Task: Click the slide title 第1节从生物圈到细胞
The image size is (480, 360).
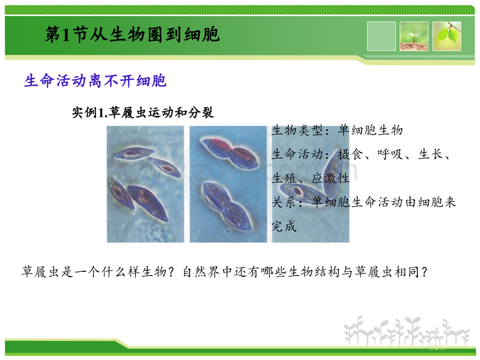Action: [x=132, y=34]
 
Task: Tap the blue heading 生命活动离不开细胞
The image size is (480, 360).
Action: [x=95, y=81]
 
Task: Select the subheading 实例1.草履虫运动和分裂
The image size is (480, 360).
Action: [x=142, y=112]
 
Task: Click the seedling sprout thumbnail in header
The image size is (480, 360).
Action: [x=414, y=36]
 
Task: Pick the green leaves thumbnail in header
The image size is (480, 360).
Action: [x=447, y=36]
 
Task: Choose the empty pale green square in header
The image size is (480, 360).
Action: [x=381, y=36]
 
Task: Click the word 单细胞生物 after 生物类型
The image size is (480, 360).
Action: [x=370, y=130]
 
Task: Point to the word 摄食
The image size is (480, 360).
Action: [x=351, y=154]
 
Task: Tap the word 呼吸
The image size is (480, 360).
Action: [x=390, y=154]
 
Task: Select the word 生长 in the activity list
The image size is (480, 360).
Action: [x=431, y=154]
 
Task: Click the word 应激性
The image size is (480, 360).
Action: [x=330, y=178]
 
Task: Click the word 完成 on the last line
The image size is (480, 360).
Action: [x=284, y=226]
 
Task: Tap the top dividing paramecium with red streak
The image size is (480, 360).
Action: [x=230, y=152]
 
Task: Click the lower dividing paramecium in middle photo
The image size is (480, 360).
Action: [x=227, y=206]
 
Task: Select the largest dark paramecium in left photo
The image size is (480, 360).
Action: [x=148, y=203]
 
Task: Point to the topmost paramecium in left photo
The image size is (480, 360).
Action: [x=134, y=153]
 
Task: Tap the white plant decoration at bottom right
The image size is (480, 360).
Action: [x=406, y=331]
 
